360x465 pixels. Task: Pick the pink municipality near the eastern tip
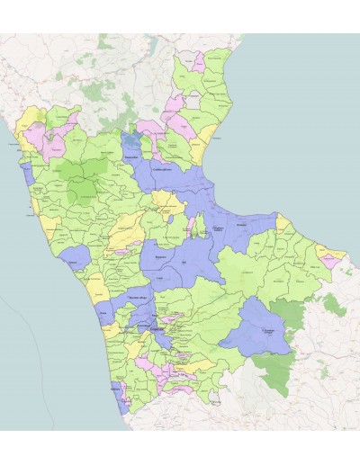[x=331, y=261]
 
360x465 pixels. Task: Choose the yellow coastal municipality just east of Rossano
[x=282, y=221]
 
